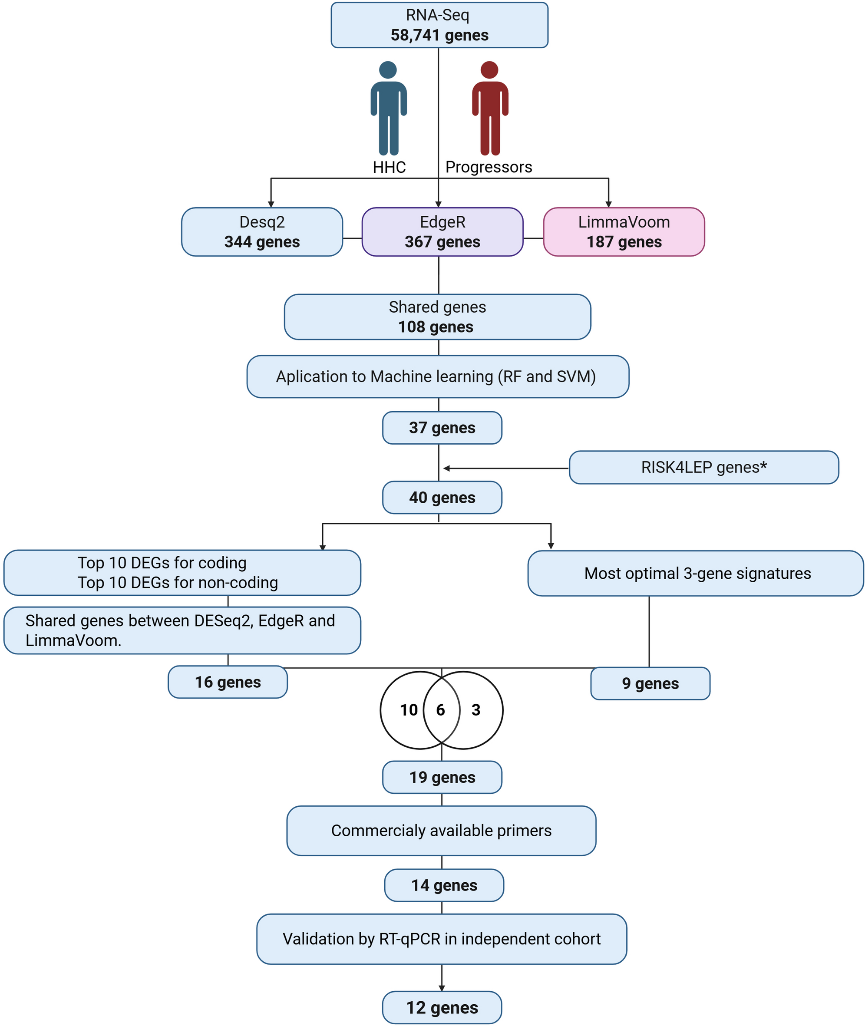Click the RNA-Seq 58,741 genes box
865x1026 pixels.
439,25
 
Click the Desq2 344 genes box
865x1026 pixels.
262,232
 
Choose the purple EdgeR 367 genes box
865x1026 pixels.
442,232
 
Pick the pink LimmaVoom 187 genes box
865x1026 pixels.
624,232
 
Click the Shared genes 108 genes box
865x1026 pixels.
437,317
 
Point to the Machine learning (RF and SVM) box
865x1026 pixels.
437,376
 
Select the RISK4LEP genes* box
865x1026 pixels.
703,467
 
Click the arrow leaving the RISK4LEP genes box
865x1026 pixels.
505,468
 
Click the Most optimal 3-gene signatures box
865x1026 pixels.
695,573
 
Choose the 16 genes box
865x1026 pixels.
228,681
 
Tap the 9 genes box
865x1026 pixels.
650,683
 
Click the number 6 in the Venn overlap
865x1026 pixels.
441,709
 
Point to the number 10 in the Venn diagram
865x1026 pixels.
409,709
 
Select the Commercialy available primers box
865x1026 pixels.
441,831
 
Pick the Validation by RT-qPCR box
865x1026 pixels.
441,938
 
